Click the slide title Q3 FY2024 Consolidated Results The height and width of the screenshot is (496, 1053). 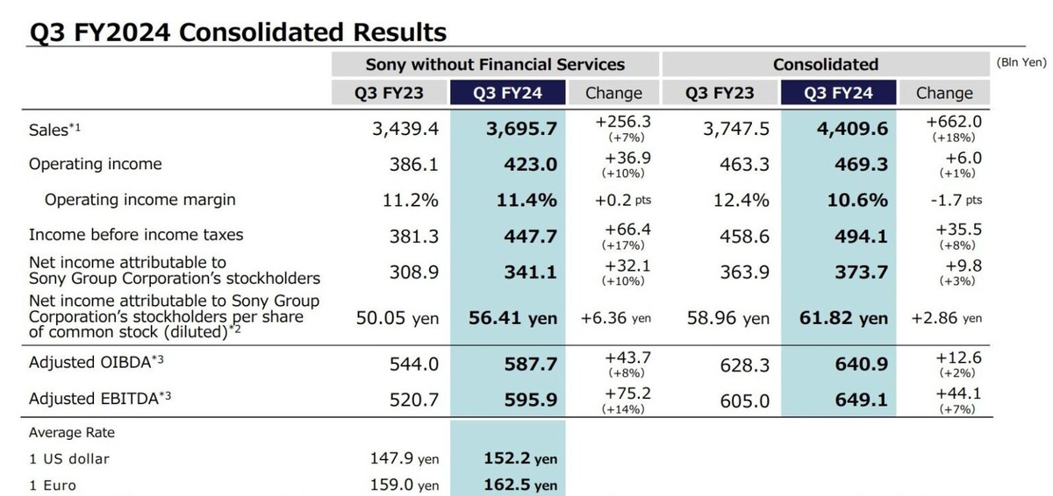[x=238, y=32]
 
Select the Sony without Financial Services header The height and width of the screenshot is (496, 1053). [x=495, y=64]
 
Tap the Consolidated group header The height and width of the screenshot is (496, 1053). [x=825, y=64]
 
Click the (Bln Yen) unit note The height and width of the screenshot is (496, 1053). [x=1021, y=63]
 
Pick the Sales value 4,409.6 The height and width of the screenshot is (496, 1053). [x=851, y=129]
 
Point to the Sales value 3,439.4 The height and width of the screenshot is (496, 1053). [x=405, y=129]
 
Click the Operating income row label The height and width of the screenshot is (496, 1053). [x=95, y=164]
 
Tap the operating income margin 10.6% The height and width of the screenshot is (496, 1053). [x=857, y=200]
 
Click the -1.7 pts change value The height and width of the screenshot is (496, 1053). [x=956, y=200]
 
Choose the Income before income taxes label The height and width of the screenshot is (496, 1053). [x=136, y=235]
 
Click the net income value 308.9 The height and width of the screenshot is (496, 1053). [x=413, y=272]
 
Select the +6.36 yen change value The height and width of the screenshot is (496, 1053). [x=616, y=318]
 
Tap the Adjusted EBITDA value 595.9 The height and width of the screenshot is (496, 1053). [x=532, y=400]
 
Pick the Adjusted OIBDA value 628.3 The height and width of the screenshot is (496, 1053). [x=744, y=362]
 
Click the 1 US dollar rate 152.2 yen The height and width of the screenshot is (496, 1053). [x=520, y=458]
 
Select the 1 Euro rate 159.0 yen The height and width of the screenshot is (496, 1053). [x=404, y=485]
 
